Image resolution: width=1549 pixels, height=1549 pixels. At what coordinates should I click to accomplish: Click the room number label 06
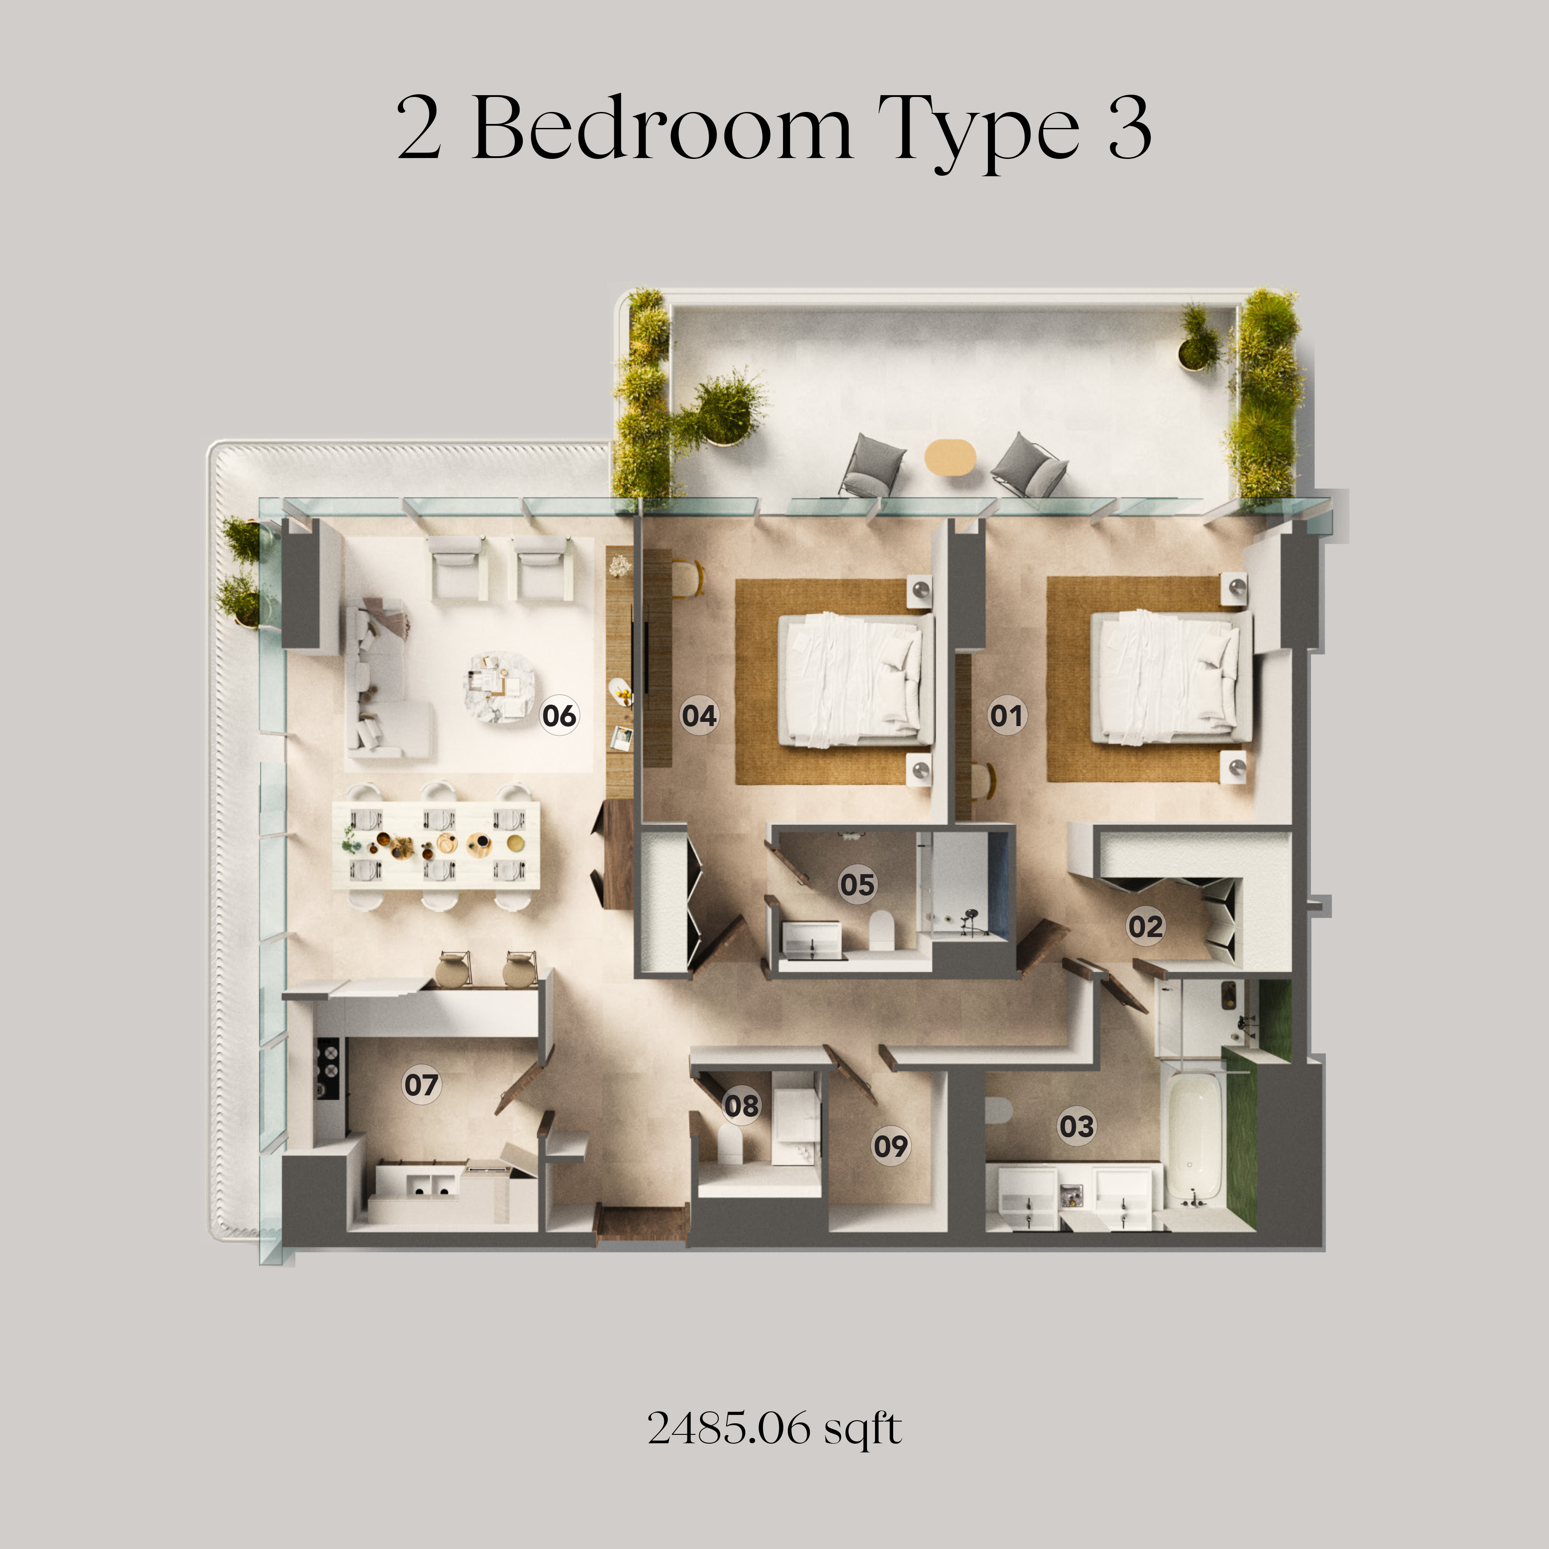[559, 715]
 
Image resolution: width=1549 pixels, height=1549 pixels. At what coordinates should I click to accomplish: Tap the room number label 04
[699, 715]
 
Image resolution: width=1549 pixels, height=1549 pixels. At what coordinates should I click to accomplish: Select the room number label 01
[1007, 715]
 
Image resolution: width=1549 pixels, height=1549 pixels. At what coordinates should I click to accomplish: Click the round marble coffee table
[499, 688]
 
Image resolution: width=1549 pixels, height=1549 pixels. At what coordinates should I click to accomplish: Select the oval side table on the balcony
[950, 458]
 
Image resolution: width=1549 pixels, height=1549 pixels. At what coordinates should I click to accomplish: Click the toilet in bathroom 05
[881, 930]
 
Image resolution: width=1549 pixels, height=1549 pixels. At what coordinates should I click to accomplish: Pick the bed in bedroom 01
[1171, 678]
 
